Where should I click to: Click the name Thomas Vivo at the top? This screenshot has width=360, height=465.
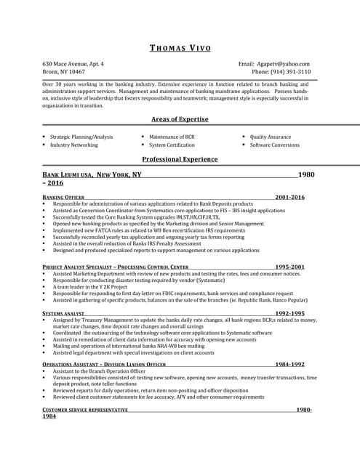[x=180, y=48]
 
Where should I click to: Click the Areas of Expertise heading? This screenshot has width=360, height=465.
[x=180, y=119]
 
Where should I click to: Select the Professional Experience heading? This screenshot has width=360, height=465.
[x=180, y=159]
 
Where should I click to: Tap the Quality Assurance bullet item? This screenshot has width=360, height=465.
[x=270, y=137]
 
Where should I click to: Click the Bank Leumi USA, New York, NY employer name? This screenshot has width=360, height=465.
[x=92, y=175]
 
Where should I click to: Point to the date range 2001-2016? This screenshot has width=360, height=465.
[x=289, y=198]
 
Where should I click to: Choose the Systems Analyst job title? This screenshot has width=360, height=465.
[x=63, y=313]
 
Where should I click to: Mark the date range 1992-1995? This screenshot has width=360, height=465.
[x=289, y=313]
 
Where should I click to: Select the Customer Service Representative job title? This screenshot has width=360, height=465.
[x=85, y=410]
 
